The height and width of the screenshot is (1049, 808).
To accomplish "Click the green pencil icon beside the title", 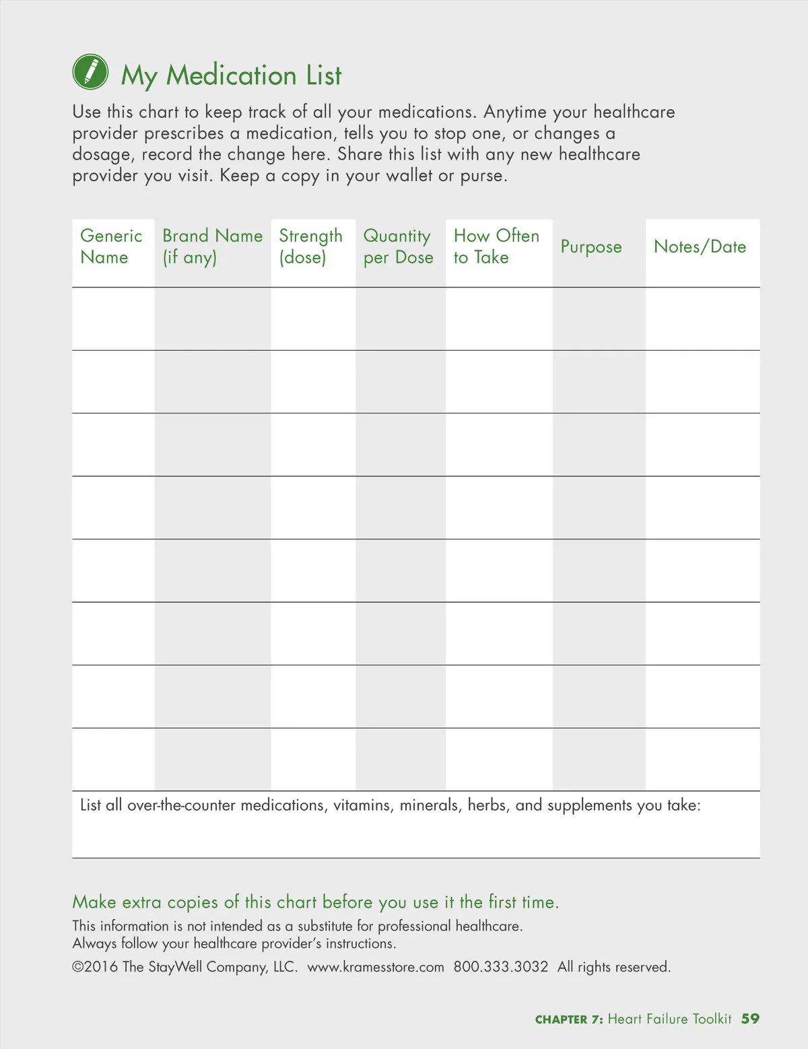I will (90, 72).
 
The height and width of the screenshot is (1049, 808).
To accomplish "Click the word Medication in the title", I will (231, 75).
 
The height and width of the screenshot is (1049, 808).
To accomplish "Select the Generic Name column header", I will (111, 246).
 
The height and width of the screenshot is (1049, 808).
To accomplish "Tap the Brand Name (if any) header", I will (212, 246).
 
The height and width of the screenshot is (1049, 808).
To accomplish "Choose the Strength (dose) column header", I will (310, 246).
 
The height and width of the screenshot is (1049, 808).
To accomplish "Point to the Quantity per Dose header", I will (398, 246).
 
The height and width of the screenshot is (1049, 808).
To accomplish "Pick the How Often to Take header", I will (496, 246).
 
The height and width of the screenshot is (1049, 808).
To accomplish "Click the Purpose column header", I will (591, 247).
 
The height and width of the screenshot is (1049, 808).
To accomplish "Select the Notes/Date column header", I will (700, 246).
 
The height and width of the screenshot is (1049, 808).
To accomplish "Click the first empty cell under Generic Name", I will (113, 319).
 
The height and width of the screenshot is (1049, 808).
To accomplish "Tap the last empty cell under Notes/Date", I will (702, 759).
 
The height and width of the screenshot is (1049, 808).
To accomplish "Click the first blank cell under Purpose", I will (599, 319).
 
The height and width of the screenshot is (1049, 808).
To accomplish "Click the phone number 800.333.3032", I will (501, 967).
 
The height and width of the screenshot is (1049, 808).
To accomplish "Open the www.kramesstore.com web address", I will (376, 967).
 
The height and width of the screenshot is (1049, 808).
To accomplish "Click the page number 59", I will (750, 1019).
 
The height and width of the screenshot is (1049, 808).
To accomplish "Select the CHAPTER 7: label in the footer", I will (569, 1019).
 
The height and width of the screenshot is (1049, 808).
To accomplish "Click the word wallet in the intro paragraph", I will (409, 176).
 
